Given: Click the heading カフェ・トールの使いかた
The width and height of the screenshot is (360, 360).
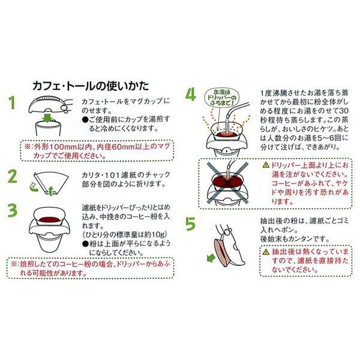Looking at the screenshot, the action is tap(91, 86).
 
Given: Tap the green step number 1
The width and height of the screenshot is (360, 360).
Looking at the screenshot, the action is tap(12, 103).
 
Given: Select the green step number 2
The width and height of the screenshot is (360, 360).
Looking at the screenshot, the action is tap(12, 176).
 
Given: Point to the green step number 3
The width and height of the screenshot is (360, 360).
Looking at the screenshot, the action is tap(12, 211).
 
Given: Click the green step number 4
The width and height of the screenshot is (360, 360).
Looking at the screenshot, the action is tap(191, 94).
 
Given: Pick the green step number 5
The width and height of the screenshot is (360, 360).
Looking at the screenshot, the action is tap(190, 224).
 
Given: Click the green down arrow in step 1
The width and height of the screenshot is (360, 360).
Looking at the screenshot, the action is tap(48, 116).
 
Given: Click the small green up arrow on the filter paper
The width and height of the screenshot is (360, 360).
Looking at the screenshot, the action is tap(51, 190).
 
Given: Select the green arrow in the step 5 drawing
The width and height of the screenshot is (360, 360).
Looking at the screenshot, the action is tap(211, 257).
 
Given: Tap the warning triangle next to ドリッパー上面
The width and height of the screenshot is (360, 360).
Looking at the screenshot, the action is tap(266, 165).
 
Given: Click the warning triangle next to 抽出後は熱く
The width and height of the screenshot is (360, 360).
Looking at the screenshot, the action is tap(266, 252).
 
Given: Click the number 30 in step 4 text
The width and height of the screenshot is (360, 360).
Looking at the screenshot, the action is tap(344, 110).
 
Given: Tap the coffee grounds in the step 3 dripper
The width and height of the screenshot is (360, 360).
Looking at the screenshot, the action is tap(50, 220).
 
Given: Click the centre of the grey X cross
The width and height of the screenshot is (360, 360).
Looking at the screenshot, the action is tap(228, 182).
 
